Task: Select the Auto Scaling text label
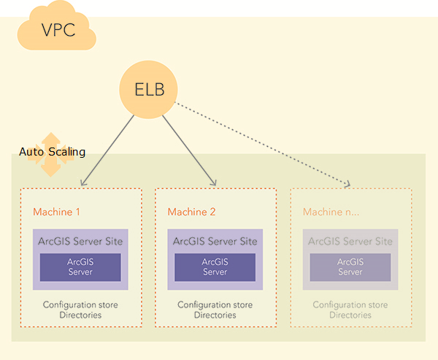[53, 153]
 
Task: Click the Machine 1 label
[56, 212]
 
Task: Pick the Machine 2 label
[192, 212]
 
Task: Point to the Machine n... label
[331, 212]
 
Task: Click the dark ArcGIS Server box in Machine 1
[80, 267]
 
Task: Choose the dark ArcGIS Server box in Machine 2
[215, 267]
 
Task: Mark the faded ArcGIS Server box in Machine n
[350, 267]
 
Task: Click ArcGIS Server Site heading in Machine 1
[80, 241]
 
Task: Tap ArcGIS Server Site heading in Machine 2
[215, 241]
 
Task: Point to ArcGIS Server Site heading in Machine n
[350, 241]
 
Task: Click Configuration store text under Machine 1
[80, 305]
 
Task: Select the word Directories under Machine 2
[215, 315]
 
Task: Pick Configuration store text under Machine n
[350, 305]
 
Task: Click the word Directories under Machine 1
[80, 315]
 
